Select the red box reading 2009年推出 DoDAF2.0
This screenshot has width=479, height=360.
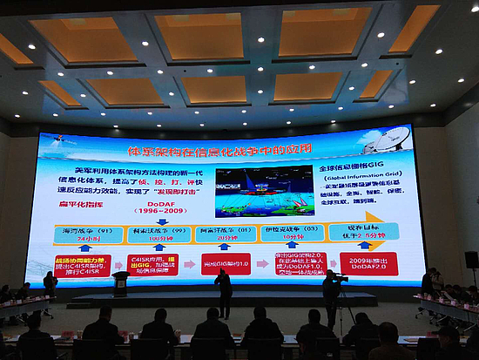(368, 264)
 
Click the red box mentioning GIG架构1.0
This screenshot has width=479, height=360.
(226, 263)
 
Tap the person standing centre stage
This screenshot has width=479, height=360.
(225, 293)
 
